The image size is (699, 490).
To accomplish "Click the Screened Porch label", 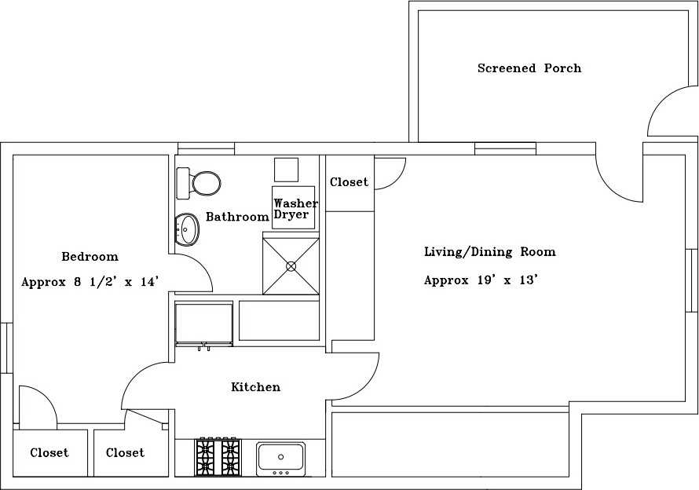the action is [x=529, y=68].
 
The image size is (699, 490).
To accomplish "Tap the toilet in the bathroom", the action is [x=199, y=183].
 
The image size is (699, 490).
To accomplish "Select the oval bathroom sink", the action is [x=187, y=229].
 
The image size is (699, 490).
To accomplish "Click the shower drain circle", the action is [x=291, y=266].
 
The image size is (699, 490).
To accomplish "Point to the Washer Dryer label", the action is [x=295, y=209].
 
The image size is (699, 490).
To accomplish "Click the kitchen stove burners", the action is [x=218, y=457].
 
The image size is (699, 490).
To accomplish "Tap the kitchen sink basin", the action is [x=281, y=459].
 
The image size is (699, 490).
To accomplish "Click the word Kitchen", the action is [x=255, y=386].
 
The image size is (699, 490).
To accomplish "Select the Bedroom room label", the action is [x=90, y=256].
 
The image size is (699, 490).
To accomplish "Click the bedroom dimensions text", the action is [x=90, y=282].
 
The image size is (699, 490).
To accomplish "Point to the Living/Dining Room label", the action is [x=489, y=252].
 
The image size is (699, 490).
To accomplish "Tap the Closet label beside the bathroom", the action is [x=349, y=182].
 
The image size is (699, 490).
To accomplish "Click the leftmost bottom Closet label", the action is [x=49, y=452].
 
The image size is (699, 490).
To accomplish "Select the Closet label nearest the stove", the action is [x=125, y=452].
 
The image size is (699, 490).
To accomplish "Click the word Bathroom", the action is [x=237, y=217].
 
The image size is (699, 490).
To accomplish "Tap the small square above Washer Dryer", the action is [x=286, y=170].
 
